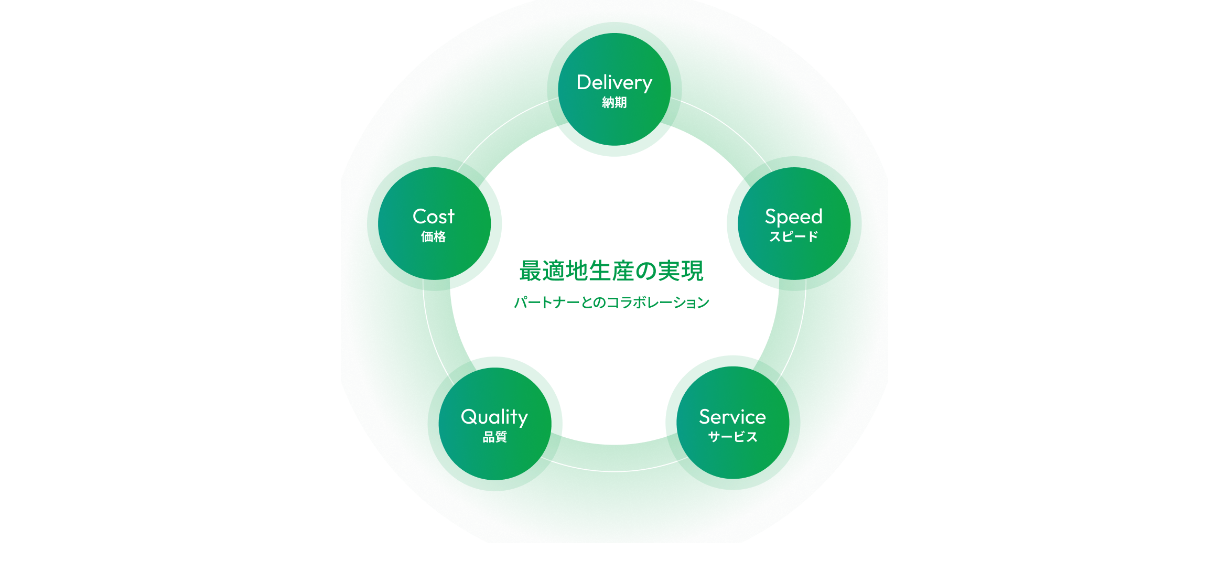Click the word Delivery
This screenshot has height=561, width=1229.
click(614, 83)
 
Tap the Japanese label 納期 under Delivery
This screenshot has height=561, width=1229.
click(614, 102)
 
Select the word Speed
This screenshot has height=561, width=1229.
click(794, 217)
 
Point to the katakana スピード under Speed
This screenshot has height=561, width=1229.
click(794, 236)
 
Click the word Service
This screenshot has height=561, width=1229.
click(732, 417)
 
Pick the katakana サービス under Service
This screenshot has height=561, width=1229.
click(732, 437)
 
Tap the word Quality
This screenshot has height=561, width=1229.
click(494, 417)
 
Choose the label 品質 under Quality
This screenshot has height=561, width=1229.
click(494, 437)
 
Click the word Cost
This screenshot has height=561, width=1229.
click(434, 217)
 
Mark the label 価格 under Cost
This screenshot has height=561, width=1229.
click(434, 236)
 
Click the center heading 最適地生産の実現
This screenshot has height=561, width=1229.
click(611, 271)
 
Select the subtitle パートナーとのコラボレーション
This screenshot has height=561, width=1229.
click(611, 303)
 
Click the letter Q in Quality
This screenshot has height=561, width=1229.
click(470, 417)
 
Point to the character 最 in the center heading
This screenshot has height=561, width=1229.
click(530, 271)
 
